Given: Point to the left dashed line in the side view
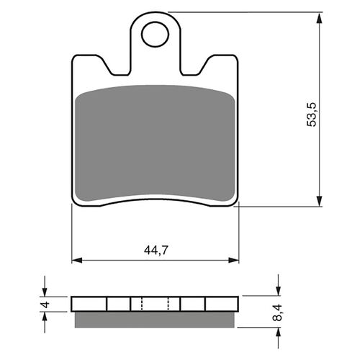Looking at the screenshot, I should point(142,303).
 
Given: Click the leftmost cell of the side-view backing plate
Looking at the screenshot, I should point(89,303).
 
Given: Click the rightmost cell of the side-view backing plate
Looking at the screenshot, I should point(220,303).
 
